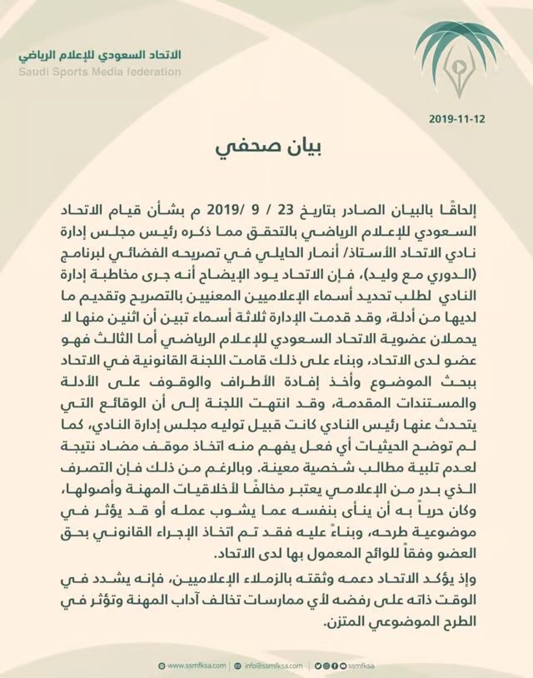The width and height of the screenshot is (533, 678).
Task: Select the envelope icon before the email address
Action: point(237,666)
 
